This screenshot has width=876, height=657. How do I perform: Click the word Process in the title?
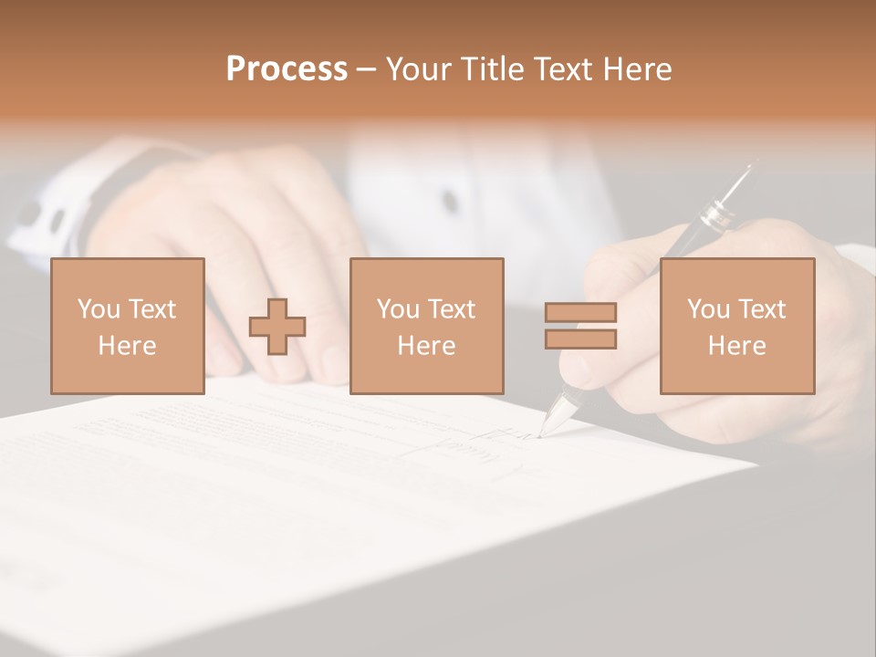[287, 69]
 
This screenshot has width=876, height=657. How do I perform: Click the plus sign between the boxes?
[277, 327]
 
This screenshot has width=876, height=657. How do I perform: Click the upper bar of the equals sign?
[580, 312]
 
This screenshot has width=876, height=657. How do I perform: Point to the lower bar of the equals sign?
[580, 339]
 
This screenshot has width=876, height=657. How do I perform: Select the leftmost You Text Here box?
[128, 326]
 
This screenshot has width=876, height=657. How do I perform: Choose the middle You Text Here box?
[426, 326]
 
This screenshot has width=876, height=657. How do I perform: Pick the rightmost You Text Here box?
[736, 326]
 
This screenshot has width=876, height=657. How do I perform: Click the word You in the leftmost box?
[99, 309]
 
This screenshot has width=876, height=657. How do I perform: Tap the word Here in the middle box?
[426, 346]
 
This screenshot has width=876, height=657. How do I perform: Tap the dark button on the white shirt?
[450, 201]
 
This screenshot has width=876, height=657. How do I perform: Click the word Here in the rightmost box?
[736, 346]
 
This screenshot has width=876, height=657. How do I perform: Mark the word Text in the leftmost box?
[152, 309]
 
